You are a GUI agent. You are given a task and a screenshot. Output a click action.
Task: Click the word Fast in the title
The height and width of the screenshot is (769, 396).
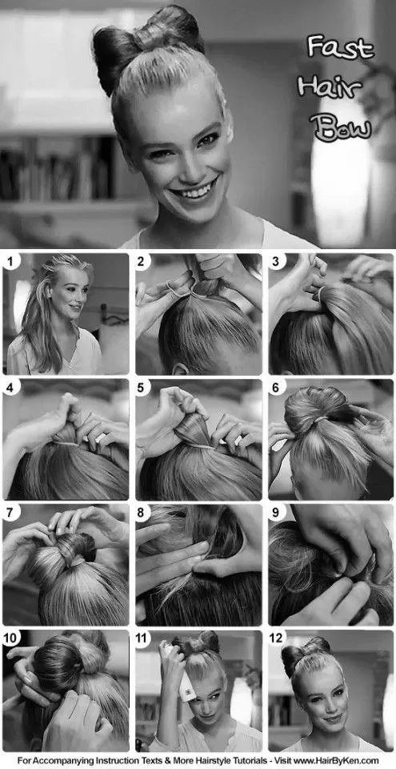pos(340,47)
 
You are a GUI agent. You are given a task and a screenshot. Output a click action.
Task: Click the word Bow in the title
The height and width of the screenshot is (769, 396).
pos(342,127)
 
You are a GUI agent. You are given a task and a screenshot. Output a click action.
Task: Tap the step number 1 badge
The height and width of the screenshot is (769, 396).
pos(11,262)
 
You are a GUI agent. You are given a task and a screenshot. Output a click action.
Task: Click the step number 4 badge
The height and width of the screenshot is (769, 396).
pos(11,388)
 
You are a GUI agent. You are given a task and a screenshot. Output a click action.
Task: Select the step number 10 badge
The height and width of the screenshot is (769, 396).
pos(13,638)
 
